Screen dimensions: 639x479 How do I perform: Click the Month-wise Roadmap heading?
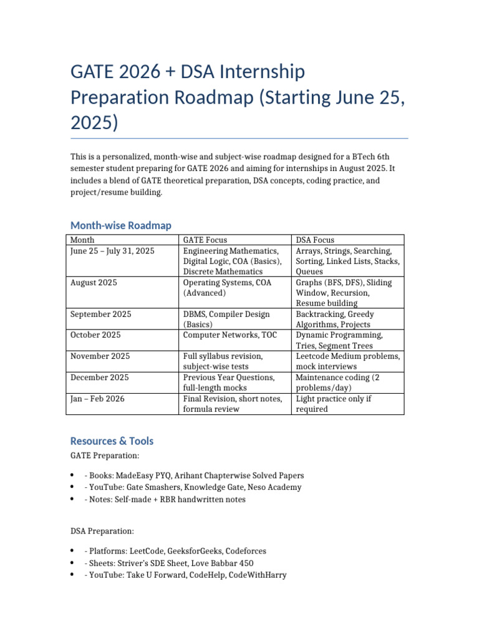tap(121, 225)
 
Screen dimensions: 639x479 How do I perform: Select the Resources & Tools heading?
tap(112, 441)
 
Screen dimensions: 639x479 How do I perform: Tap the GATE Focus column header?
tap(205, 240)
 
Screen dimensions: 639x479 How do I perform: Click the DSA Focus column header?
tap(315, 240)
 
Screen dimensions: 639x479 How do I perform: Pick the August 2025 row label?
tap(94, 283)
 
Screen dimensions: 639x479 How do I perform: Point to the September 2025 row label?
tap(100, 315)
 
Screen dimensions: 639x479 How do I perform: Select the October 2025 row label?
tap(95, 335)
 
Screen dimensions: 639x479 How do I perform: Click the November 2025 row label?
tap(100, 356)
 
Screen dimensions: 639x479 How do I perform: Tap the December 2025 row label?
tap(99, 378)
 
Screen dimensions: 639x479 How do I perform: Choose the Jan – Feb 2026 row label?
tap(97, 399)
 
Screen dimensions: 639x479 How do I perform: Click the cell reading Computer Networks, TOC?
tap(230, 335)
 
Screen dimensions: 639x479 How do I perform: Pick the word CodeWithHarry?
tap(258, 575)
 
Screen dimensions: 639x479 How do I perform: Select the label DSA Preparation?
tap(102, 531)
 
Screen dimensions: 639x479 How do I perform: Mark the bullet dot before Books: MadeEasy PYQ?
tap(73, 475)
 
